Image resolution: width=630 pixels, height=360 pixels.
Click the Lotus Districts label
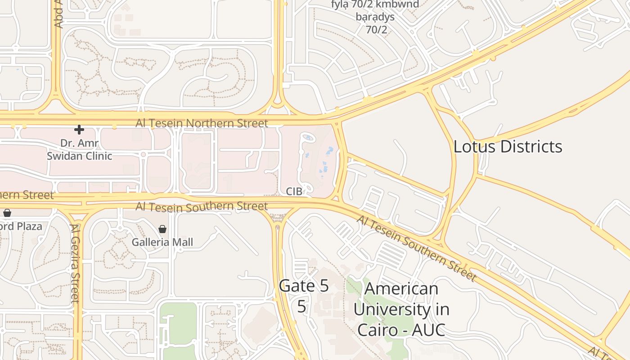coord(508,147)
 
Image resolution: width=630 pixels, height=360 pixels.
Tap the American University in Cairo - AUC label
coord(401,309)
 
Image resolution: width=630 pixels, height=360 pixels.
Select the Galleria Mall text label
coord(162,242)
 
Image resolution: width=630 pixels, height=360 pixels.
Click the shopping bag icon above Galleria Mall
coord(162,229)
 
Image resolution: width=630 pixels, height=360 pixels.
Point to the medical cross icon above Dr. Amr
coord(79,130)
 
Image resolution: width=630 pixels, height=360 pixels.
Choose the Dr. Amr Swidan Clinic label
coord(80,150)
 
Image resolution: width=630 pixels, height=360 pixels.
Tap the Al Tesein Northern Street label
coord(202,123)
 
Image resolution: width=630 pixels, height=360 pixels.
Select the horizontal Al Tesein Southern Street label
coord(202,207)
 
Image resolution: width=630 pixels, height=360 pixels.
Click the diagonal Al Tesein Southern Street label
coord(416,248)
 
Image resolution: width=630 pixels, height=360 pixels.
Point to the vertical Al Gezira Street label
coord(75,263)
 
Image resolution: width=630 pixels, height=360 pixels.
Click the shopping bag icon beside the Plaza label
coord(7,213)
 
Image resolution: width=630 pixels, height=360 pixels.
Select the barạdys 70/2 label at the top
coord(375,23)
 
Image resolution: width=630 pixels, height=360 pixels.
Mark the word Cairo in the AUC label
coord(378,330)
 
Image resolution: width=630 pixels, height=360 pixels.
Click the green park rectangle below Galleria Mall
coord(178,331)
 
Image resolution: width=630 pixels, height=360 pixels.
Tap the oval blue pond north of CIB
coord(308,137)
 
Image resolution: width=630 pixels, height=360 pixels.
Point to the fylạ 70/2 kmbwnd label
coord(375,4)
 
